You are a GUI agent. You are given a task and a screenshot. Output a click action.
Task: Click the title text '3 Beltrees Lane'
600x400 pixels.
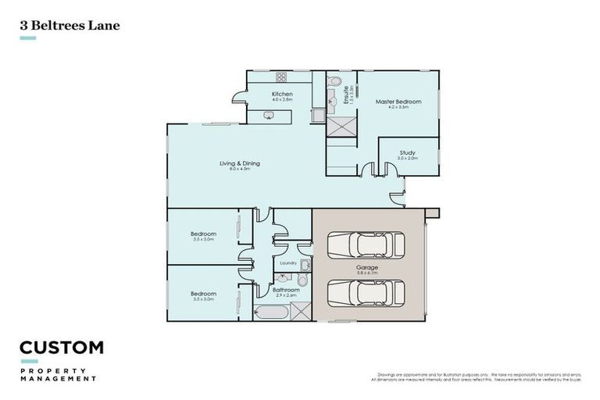click(69, 25)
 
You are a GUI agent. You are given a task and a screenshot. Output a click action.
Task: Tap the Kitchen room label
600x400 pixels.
click(282, 95)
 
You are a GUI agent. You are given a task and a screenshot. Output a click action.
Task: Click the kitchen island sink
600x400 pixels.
click(269, 116)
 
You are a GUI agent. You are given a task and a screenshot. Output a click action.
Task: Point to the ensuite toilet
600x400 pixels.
click(334, 81)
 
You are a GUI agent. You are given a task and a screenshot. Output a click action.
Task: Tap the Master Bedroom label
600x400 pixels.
click(398, 102)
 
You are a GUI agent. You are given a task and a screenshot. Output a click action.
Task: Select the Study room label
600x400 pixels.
click(407, 152)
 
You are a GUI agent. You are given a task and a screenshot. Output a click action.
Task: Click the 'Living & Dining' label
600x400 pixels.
click(239, 163)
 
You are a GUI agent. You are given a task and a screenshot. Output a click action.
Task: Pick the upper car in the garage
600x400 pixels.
click(366, 245)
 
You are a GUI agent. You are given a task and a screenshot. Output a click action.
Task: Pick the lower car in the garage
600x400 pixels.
click(366, 292)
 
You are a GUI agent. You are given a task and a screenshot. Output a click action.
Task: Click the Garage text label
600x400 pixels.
click(367, 268)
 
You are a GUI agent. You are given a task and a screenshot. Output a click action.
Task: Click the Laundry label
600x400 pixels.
click(287, 263)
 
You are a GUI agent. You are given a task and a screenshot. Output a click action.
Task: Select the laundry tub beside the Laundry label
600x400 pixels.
click(304, 265)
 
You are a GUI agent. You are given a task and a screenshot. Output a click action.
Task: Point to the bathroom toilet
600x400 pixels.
click(303, 280)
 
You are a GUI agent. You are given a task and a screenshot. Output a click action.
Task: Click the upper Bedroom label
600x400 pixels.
click(203, 234)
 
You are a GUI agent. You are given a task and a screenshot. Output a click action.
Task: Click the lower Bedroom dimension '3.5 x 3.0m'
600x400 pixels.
click(203, 299)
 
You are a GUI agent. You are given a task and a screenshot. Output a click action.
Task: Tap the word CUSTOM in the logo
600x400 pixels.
click(61, 348)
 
